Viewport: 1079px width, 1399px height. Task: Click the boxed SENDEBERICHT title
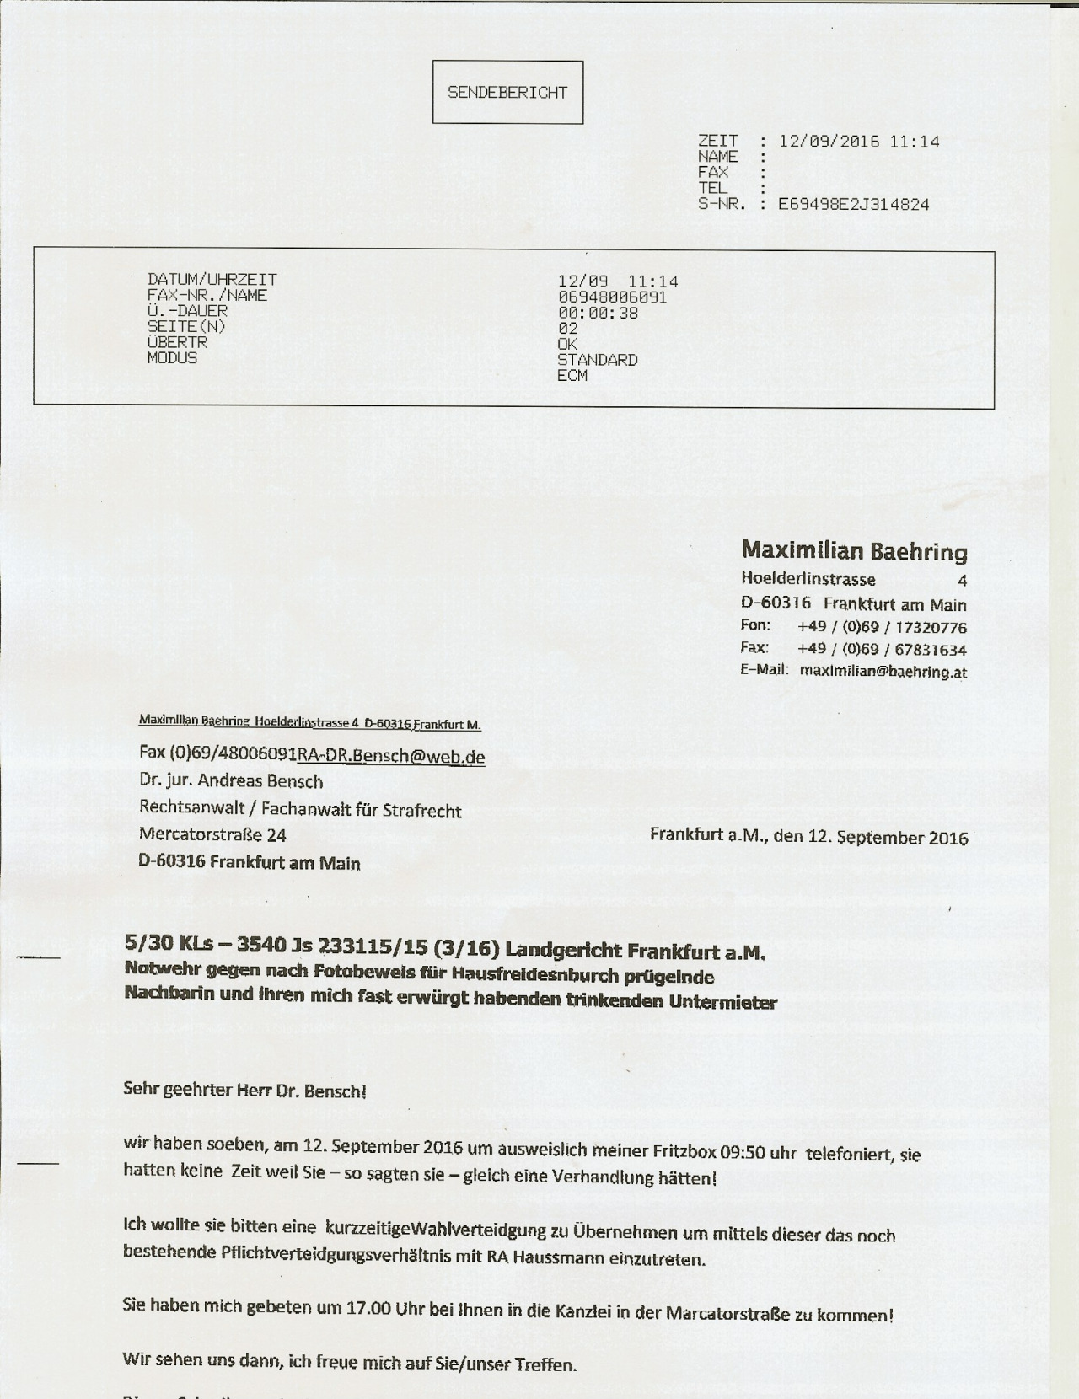[x=507, y=93]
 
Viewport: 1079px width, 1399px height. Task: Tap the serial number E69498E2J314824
[x=853, y=205]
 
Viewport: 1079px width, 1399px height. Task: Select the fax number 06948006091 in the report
[x=612, y=297]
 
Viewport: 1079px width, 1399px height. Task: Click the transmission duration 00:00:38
[x=598, y=314]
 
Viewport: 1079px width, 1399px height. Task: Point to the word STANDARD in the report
[x=597, y=361]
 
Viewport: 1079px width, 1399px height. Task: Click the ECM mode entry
[x=572, y=376]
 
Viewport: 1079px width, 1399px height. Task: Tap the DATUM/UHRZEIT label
[x=212, y=280]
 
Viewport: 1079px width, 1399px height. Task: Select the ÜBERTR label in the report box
[x=177, y=343]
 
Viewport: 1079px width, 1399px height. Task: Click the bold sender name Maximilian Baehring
[x=854, y=552]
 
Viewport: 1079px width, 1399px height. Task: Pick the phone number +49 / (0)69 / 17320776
[x=882, y=627]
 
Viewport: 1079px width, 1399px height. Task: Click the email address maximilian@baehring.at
[x=883, y=672]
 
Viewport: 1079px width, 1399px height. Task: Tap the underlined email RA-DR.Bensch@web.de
[x=391, y=756]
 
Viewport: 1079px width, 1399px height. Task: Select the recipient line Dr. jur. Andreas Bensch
[x=231, y=781]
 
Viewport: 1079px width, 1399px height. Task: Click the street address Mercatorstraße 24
[x=212, y=835]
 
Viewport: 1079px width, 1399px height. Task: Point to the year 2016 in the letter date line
[x=948, y=838]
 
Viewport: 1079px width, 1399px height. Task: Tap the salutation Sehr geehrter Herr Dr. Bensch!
[x=244, y=1089]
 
